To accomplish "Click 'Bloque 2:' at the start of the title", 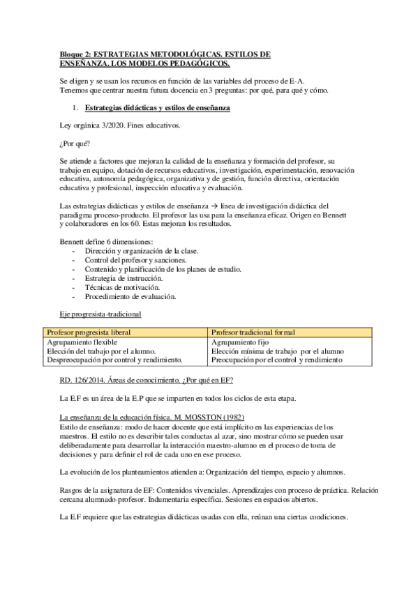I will (x=75, y=54).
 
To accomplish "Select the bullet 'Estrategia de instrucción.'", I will (x=124, y=277).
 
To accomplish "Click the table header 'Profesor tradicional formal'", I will (x=253, y=332).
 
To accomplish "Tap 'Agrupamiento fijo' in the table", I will (x=239, y=342).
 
